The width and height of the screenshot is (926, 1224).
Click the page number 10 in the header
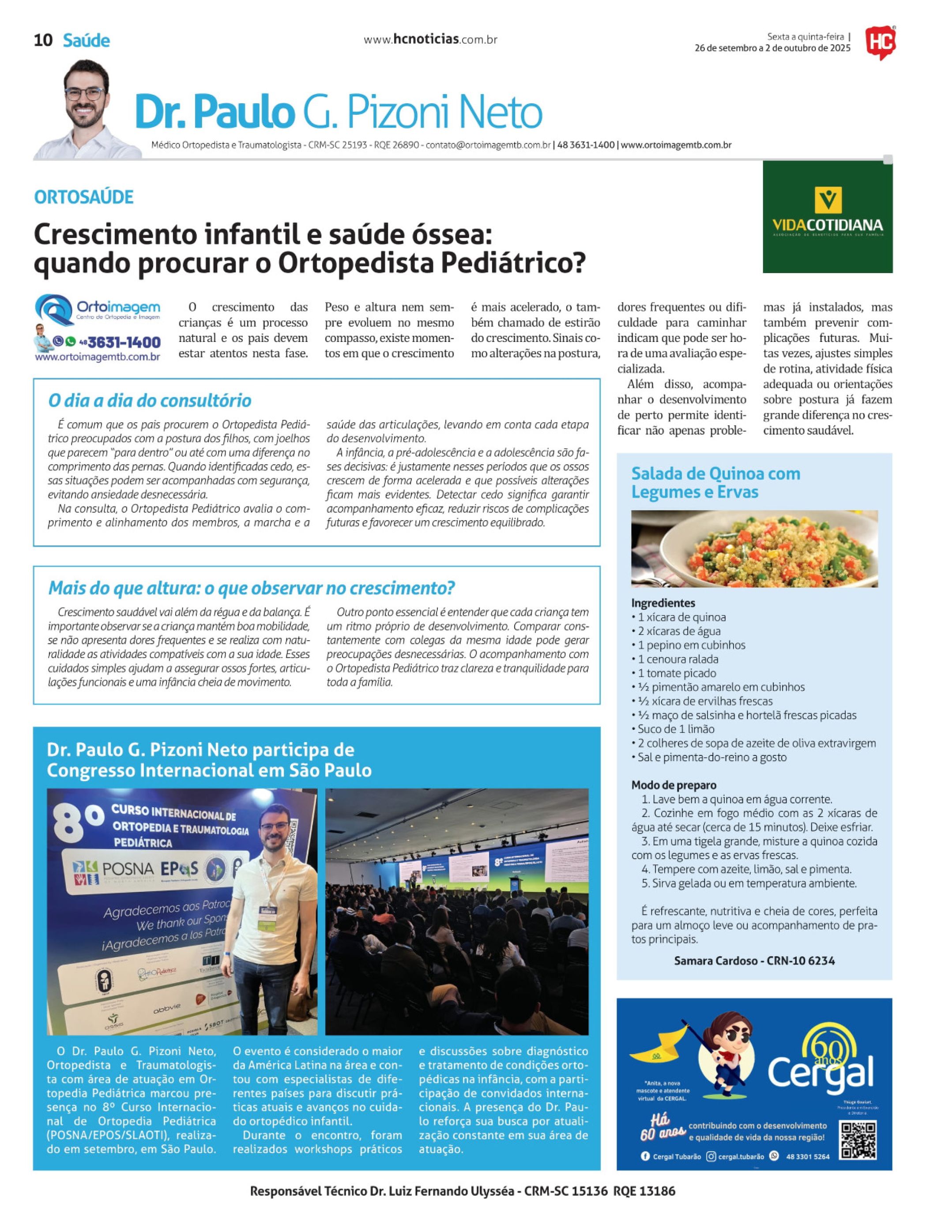(x=43, y=41)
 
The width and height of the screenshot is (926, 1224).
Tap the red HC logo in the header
(x=880, y=42)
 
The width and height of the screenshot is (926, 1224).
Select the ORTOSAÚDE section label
(x=83, y=197)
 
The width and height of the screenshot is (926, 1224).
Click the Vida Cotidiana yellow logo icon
(x=828, y=200)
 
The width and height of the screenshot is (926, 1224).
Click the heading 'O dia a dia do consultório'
(x=150, y=400)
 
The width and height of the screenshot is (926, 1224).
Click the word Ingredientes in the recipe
(x=663, y=603)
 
